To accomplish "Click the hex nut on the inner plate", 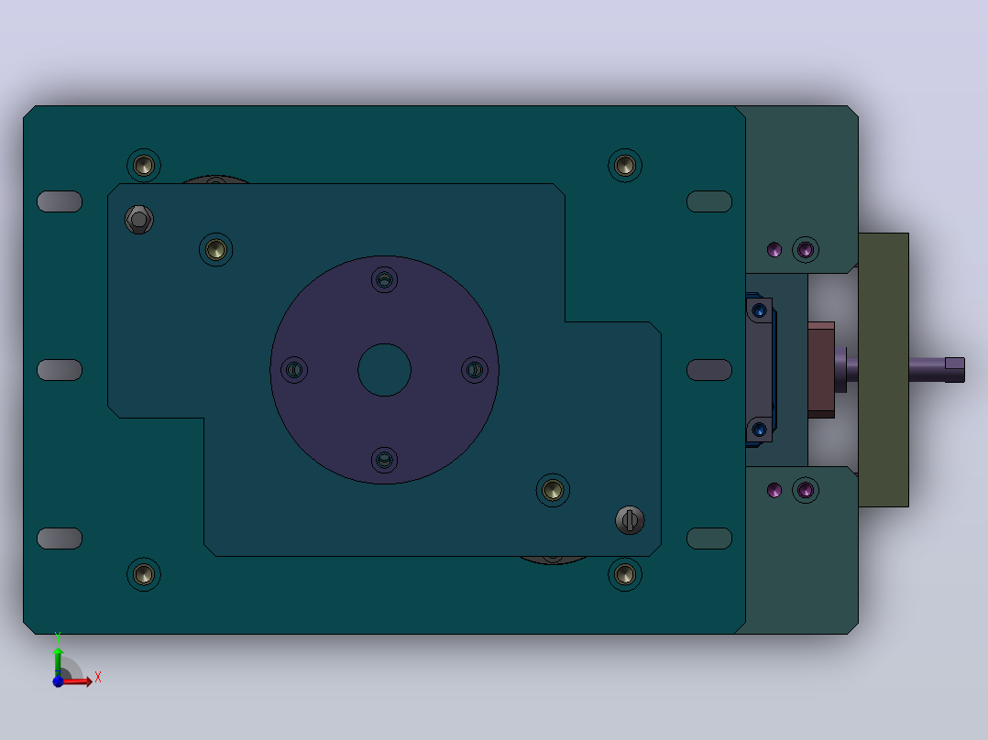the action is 139,220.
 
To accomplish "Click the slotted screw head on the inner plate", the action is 630,520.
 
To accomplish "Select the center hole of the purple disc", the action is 384,370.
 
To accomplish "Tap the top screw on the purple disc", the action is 384,279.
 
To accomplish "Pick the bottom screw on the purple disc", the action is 384,460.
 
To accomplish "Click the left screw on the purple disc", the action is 294,370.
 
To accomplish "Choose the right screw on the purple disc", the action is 475,370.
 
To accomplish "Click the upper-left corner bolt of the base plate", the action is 144,166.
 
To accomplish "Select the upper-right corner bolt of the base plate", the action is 625,166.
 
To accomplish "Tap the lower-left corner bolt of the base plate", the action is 144,574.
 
